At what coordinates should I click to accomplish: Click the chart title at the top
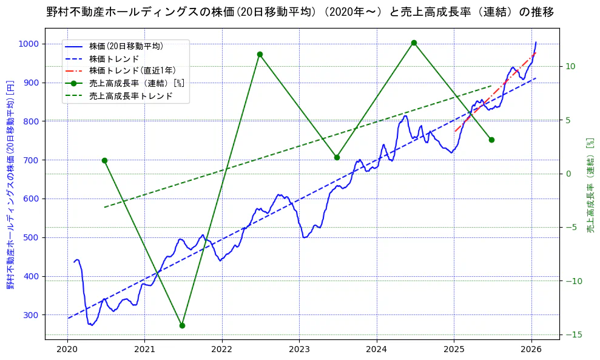point(300,12)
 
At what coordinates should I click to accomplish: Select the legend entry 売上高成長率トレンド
point(130,95)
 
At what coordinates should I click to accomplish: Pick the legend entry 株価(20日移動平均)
point(126,46)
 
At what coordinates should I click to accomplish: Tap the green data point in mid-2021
point(182,325)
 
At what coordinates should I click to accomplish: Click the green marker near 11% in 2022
point(260,54)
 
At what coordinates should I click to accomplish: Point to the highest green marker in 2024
point(414,42)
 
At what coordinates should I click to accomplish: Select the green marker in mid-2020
point(104,160)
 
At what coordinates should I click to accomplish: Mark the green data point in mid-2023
point(337,157)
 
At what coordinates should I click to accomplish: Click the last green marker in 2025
point(491,140)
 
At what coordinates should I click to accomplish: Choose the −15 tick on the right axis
point(575,335)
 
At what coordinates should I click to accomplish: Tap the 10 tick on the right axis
point(571,66)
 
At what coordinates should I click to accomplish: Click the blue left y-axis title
point(10,185)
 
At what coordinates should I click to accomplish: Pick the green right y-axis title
point(588,185)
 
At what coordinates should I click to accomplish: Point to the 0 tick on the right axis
point(569,174)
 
